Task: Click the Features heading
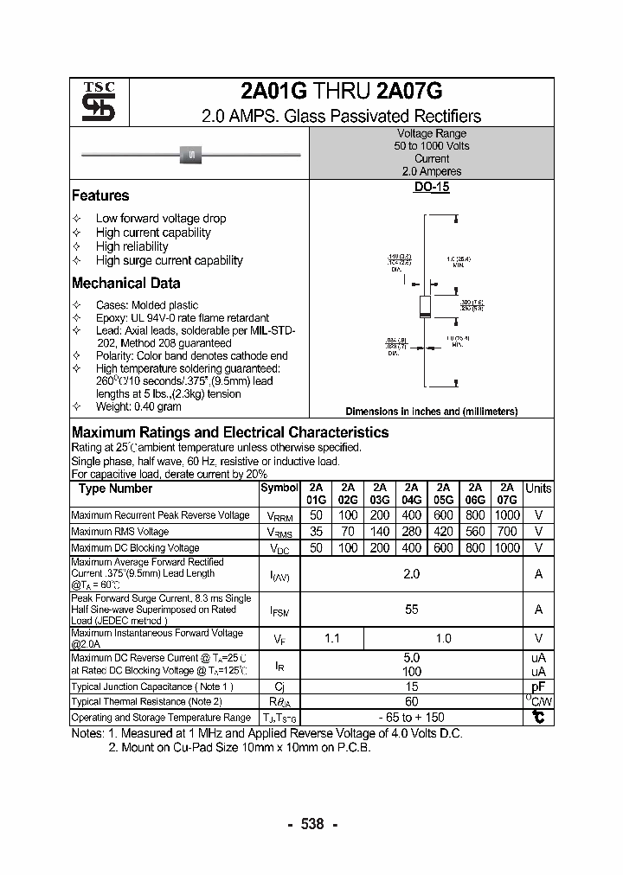pyautogui.click(x=100, y=195)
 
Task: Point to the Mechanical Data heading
pyautogui.click(x=126, y=283)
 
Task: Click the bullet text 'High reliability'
pyautogui.click(x=132, y=246)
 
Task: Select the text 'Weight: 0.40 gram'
pyautogui.click(x=138, y=406)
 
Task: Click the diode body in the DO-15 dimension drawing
pyautogui.click(x=426, y=305)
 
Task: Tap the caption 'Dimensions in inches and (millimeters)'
pyautogui.click(x=432, y=412)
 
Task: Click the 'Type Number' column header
pyautogui.click(x=115, y=489)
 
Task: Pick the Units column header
pyautogui.click(x=538, y=489)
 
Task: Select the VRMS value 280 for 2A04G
pyautogui.click(x=412, y=532)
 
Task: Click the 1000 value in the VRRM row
pyautogui.click(x=507, y=515)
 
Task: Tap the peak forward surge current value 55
pyautogui.click(x=412, y=610)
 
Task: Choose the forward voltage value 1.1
pyautogui.click(x=331, y=639)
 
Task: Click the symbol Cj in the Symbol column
pyautogui.click(x=279, y=687)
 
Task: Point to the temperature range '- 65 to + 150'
pyautogui.click(x=412, y=718)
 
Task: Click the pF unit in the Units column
pyautogui.click(x=538, y=687)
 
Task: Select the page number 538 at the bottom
pyautogui.click(x=311, y=824)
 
